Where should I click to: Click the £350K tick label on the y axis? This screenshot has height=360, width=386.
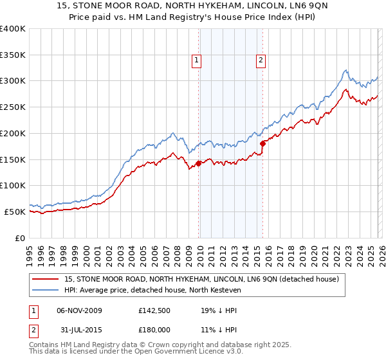(13, 55)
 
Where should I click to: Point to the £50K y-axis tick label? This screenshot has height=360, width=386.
(15, 212)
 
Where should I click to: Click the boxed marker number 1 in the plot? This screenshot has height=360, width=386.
(196, 61)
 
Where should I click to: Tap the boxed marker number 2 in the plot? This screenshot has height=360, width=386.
(261, 61)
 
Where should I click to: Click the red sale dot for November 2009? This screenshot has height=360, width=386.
(198, 163)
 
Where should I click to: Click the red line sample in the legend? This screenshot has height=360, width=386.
(46, 279)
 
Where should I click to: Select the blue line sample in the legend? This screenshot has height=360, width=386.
(46, 291)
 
